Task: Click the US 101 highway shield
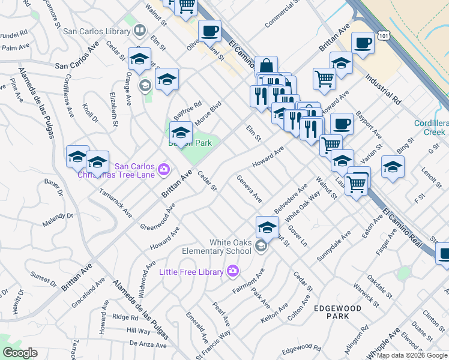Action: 382,36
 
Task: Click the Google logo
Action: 20,353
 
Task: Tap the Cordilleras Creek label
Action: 431,127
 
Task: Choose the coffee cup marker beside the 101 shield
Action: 363,43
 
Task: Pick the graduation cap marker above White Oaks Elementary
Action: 267,227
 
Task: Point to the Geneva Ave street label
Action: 249,188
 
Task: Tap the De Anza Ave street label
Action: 148,344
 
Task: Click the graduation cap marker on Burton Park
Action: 180,133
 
